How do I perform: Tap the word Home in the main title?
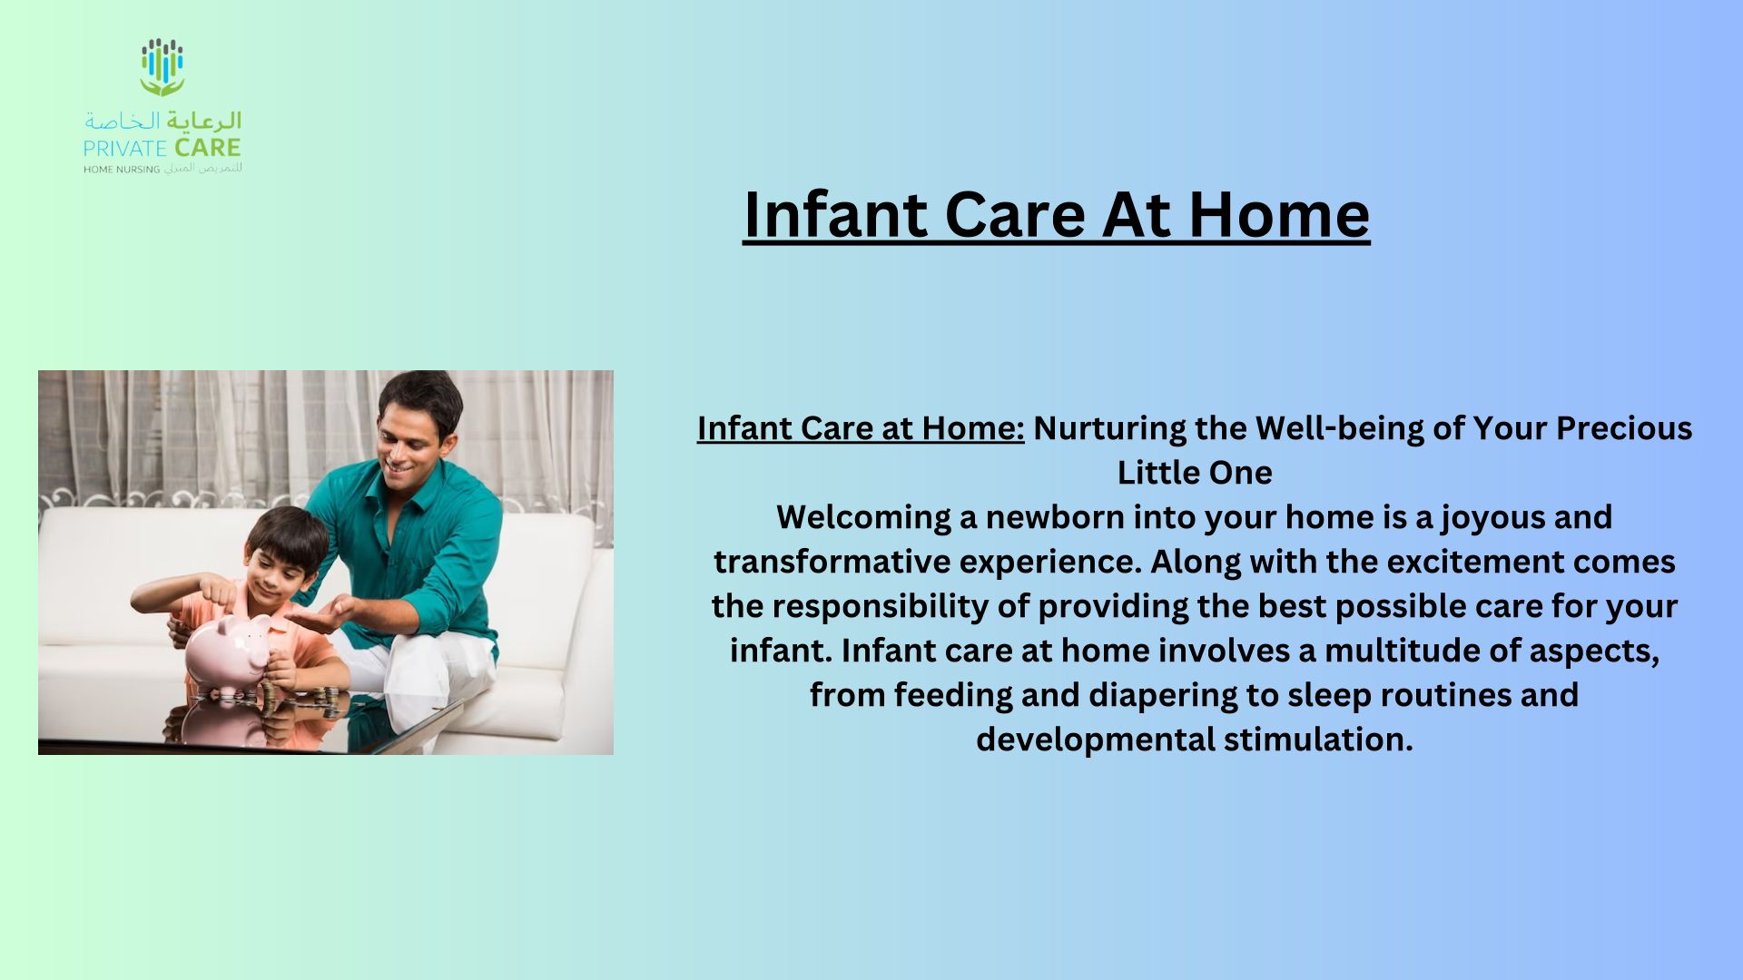1279,214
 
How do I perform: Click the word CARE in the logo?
208,148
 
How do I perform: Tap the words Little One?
1195,473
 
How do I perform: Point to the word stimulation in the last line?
1318,740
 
